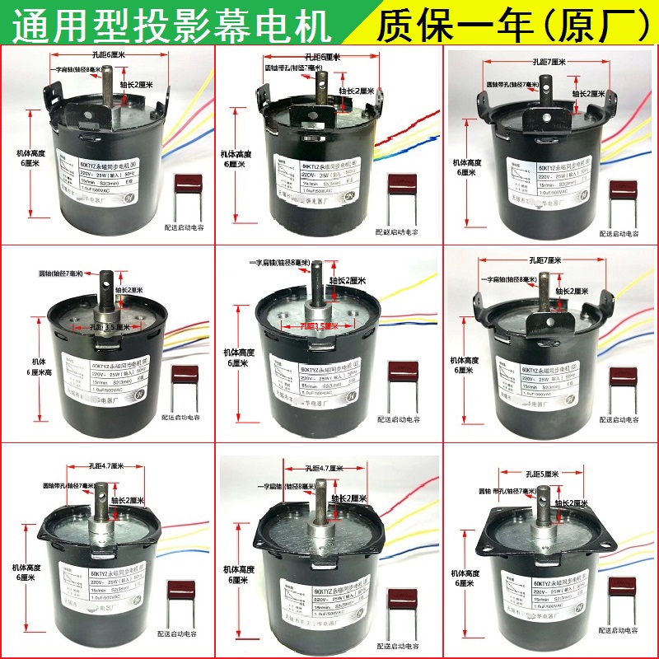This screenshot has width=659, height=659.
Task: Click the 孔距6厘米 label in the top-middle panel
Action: coord(322,57)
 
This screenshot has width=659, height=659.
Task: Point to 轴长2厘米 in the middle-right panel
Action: coord(570,292)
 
